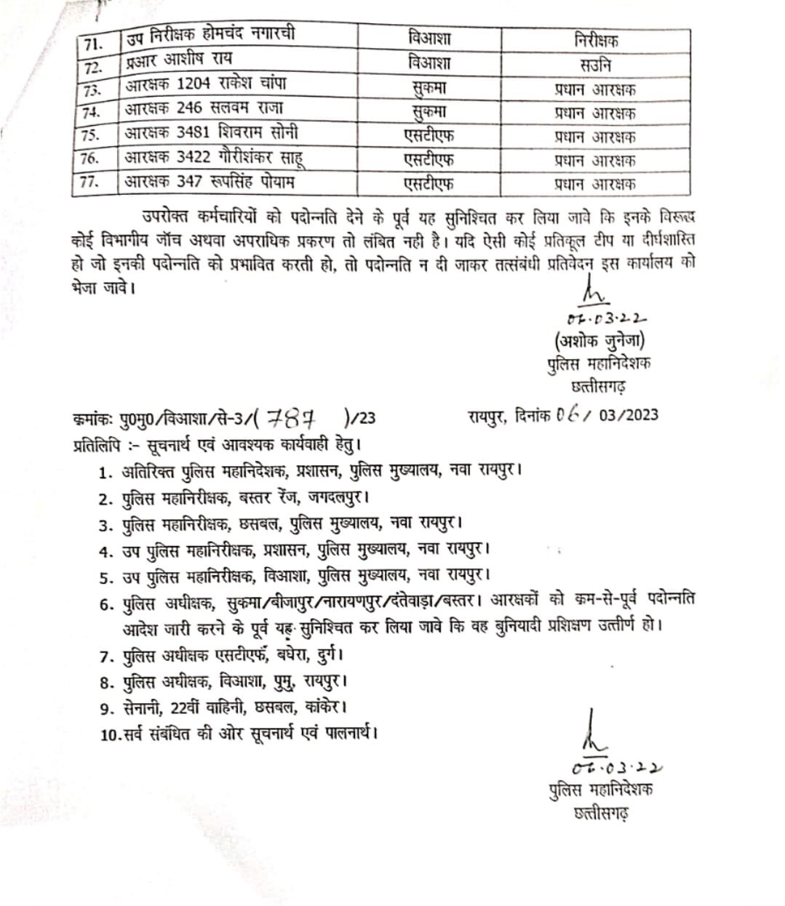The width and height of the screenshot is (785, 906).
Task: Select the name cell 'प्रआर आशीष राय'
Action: pyautogui.click(x=178, y=60)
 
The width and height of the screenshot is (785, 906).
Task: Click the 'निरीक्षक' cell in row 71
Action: pyautogui.click(x=596, y=41)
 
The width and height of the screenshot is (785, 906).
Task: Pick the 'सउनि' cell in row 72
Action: pyautogui.click(x=595, y=65)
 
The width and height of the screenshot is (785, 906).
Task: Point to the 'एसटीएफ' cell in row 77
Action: pyautogui.click(x=429, y=184)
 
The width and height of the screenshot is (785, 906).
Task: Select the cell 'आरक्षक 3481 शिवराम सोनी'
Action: pyautogui.click(x=211, y=133)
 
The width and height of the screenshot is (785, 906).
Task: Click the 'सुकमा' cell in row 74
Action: pyautogui.click(x=429, y=113)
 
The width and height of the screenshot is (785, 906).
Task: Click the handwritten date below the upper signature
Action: pyautogui.click(x=606, y=318)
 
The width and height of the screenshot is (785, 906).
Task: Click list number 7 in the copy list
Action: pyautogui.click(x=106, y=657)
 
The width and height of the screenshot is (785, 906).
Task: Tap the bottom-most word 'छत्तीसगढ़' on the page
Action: pyautogui.click(x=601, y=812)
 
